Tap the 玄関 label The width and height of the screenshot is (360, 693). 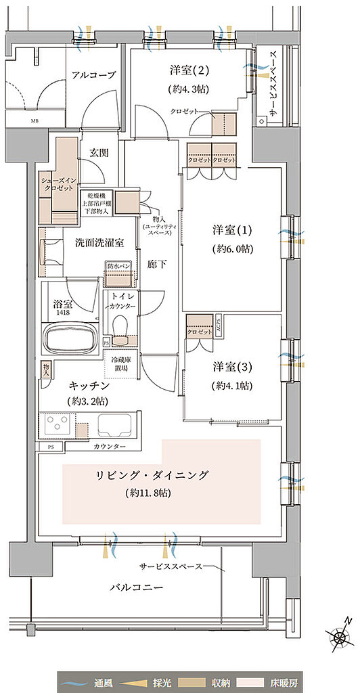coord(90,154)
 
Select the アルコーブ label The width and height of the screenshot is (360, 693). coord(93,75)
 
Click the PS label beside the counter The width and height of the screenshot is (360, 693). coord(50,447)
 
